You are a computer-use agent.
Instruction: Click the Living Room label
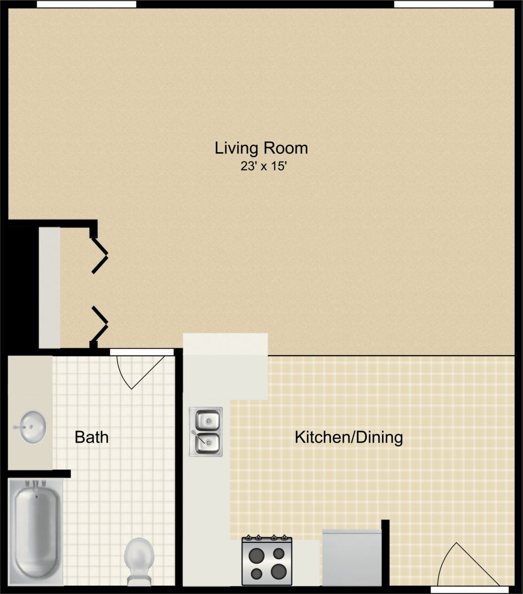pos(261,148)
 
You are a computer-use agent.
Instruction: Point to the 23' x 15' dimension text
pos(263,166)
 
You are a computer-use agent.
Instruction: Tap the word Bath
pos(92,437)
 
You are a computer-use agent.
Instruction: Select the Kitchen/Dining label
pos(349,437)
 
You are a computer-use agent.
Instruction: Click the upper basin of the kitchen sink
pos(206,419)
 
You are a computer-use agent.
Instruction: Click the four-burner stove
pos(267,562)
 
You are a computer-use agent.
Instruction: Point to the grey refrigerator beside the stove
pos(351,557)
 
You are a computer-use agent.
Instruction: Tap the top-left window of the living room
pos(86,4)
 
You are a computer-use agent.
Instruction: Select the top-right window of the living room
pos(443,4)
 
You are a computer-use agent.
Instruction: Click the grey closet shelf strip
pos(49,287)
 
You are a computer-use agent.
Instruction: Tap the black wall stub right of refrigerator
pos(385,552)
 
